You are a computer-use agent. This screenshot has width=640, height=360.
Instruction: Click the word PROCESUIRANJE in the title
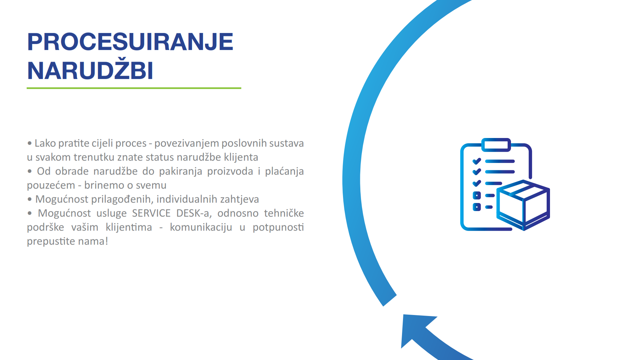pos(130,42)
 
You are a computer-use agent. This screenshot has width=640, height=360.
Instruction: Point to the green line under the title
pos(134,88)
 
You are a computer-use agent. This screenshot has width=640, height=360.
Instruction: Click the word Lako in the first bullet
pos(45,143)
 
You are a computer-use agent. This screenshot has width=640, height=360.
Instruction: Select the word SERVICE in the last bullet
pos(151,213)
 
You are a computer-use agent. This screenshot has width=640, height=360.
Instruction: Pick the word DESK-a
pos(194,213)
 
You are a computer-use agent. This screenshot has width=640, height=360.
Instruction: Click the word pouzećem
pos(51,185)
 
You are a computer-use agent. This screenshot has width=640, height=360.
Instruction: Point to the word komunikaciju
pos(201,227)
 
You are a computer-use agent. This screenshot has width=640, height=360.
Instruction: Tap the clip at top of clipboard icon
pos(496,145)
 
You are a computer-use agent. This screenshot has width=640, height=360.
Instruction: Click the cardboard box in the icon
pos(523,205)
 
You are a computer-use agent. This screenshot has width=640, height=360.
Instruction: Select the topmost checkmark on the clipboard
pos(477,161)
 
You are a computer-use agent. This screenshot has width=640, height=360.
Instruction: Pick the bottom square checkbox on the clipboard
pos(477,207)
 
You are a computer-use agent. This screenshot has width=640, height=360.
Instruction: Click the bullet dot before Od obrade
pos(30,171)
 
